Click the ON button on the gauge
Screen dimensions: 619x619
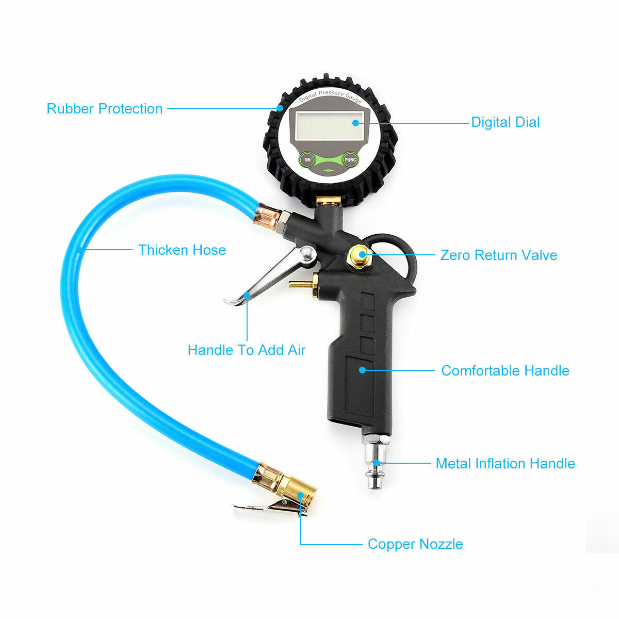pos(307,160)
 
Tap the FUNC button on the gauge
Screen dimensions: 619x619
pos(350,160)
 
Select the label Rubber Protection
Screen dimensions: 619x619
pos(105,109)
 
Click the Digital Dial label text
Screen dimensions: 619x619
pos(505,122)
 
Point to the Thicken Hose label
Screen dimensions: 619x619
pos(182,250)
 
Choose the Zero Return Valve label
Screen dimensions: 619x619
pos(498,255)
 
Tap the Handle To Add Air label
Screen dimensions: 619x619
pos(246,350)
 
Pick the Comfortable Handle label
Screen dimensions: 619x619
pos(505,371)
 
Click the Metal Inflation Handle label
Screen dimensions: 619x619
pos(505,464)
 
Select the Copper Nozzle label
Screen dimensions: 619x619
pos(415,544)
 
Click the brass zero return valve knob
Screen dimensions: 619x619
pos(360,254)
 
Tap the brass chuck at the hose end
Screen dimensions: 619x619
pos(292,491)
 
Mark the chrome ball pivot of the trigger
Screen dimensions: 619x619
pos(308,253)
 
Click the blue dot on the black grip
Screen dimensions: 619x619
pos(363,370)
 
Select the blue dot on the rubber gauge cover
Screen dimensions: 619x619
pos(280,108)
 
